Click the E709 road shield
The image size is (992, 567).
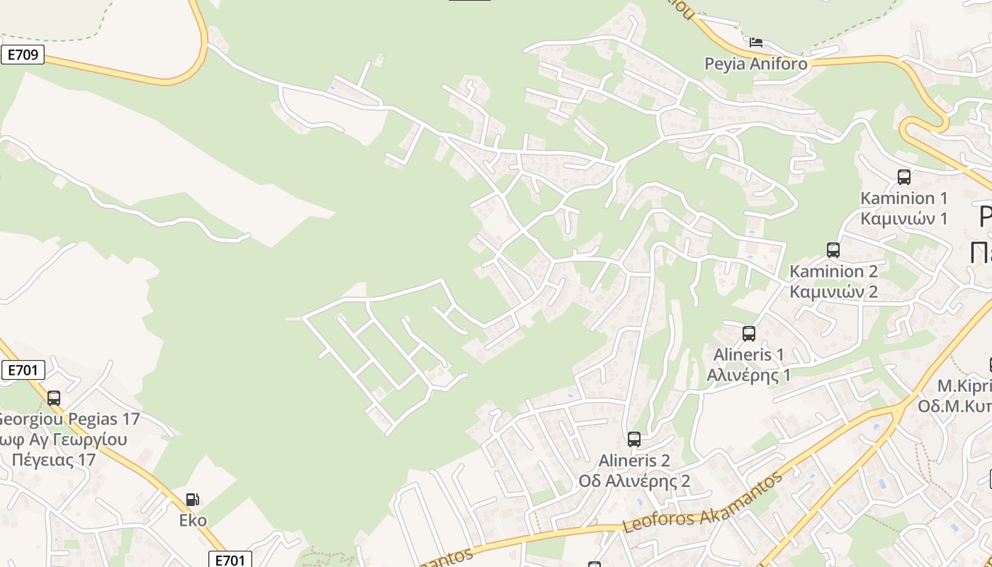pyautogui.click(x=23, y=55)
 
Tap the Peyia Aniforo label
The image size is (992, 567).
pyautogui.click(x=755, y=64)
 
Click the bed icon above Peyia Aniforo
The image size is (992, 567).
pyautogui.click(x=756, y=43)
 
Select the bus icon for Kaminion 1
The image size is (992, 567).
pyautogui.click(x=903, y=177)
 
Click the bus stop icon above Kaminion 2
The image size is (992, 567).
pyautogui.click(x=833, y=250)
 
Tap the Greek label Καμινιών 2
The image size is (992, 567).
pyautogui.click(x=833, y=291)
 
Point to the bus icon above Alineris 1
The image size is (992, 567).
pyautogui.click(x=748, y=333)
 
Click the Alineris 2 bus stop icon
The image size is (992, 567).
pyautogui.click(x=633, y=439)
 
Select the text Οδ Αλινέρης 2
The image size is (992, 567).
pyautogui.click(x=634, y=481)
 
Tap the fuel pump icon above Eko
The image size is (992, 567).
pyautogui.click(x=192, y=500)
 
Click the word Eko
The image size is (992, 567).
pyautogui.click(x=193, y=520)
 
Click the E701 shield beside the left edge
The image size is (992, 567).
pyautogui.click(x=23, y=369)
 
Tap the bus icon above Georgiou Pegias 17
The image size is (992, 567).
pyautogui.click(x=54, y=398)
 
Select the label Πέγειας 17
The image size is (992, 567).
pyautogui.click(x=53, y=459)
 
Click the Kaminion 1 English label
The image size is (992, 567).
pyautogui.click(x=903, y=198)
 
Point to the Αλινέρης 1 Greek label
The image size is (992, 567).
pyautogui.click(x=748, y=375)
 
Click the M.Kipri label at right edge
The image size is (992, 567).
pyautogui.click(x=964, y=386)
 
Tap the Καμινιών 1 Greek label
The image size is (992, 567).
pyautogui.click(x=903, y=218)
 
